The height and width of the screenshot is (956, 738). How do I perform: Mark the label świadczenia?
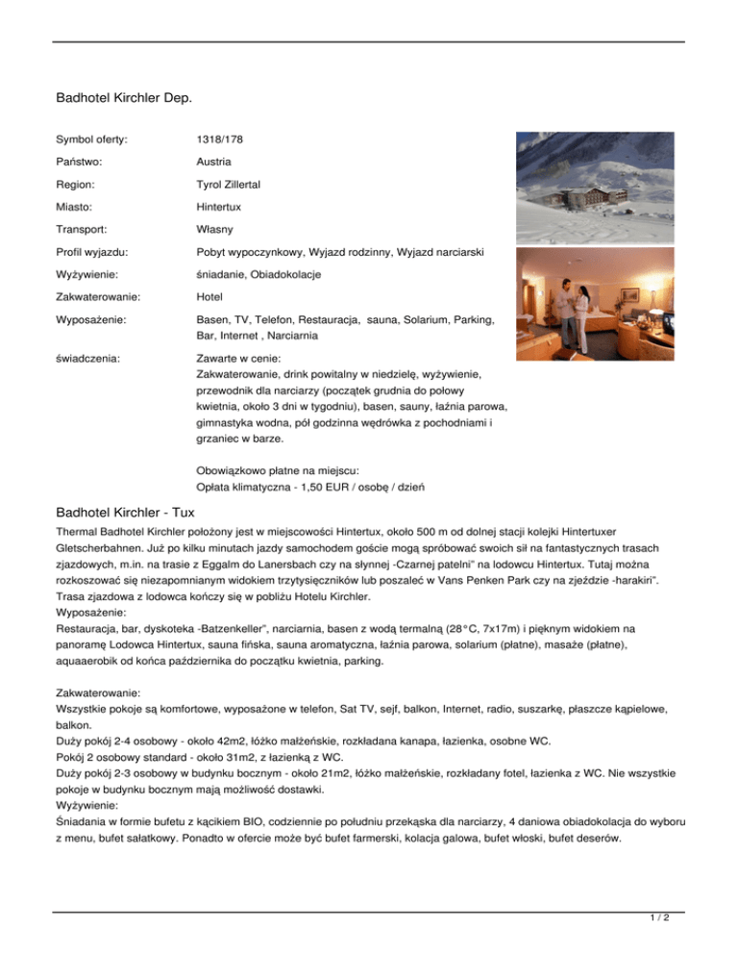point(85,358)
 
